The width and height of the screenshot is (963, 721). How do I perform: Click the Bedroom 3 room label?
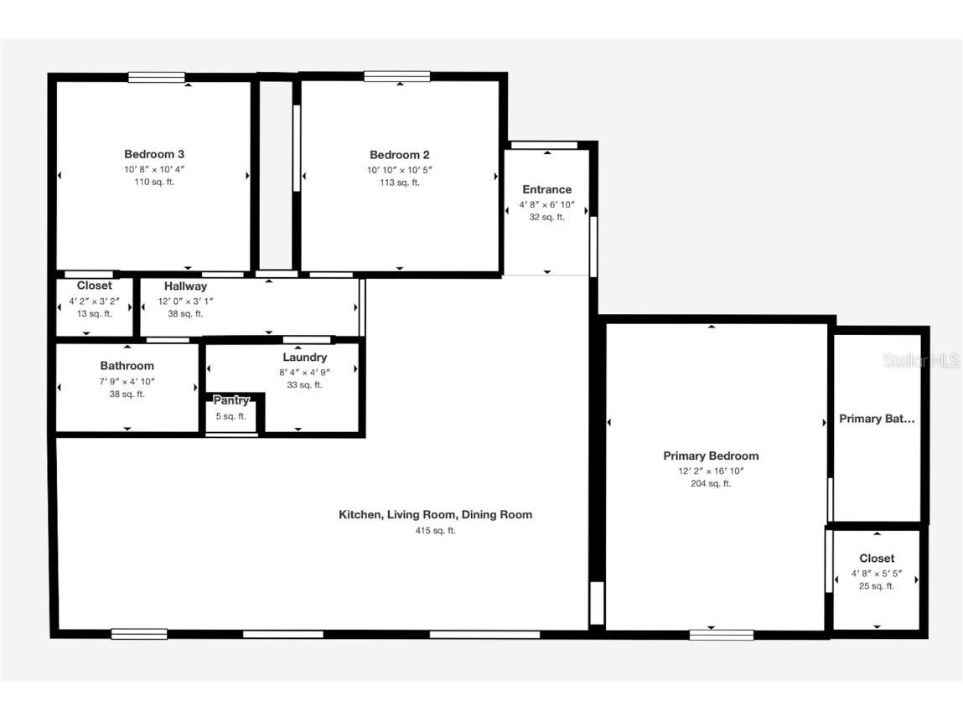point(154,154)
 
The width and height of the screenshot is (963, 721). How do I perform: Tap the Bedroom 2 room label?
point(399,155)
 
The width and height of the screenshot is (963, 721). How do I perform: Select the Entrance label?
point(546,189)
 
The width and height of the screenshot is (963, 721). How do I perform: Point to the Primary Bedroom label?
point(711,456)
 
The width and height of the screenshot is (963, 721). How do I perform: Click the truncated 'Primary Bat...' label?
point(877,419)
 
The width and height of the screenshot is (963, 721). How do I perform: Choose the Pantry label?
point(230,401)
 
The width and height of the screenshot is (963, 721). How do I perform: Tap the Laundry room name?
point(304,358)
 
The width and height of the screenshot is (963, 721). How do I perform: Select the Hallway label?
point(185,286)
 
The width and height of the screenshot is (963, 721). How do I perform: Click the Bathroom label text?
point(127,366)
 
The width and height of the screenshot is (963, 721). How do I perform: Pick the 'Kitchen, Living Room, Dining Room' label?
point(435,515)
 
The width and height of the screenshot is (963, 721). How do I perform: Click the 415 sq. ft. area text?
point(435,531)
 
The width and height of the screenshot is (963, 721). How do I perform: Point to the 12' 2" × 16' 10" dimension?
point(711,471)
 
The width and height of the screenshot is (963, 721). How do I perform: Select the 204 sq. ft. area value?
point(711,484)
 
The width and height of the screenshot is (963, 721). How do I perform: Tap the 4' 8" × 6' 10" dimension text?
point(546,204)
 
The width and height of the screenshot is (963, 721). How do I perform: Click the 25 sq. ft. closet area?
point(877,586)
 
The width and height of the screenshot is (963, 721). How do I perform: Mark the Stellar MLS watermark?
point(920,361)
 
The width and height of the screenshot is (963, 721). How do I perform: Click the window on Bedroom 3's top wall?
point(157,78)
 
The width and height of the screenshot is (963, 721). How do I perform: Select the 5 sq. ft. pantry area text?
point(230,416)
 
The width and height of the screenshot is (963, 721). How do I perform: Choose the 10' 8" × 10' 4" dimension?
point(154,169)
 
